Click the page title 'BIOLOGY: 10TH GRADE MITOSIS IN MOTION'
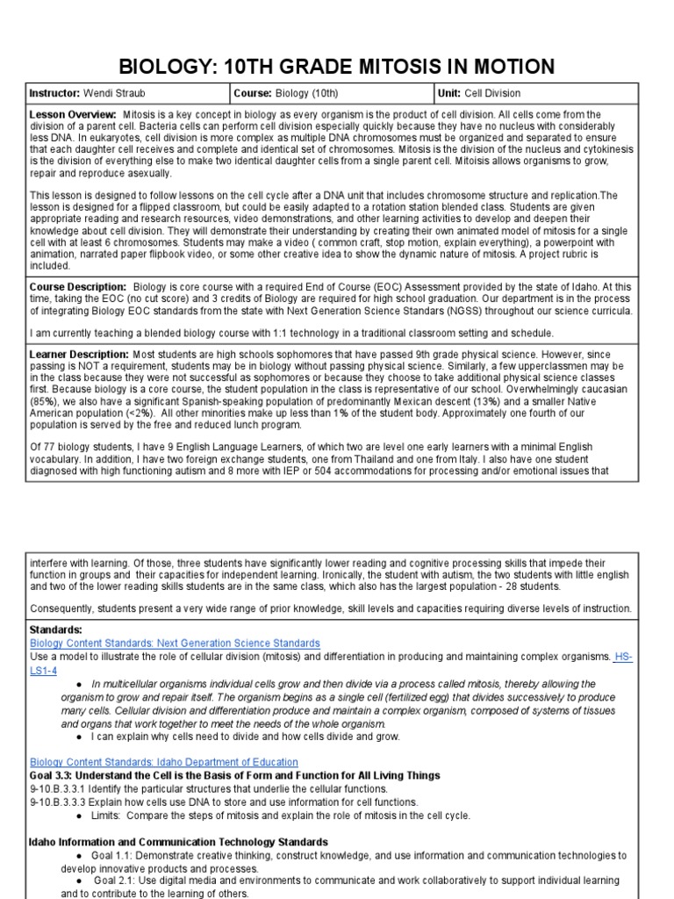point(336,67)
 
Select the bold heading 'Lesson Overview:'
point(73,115)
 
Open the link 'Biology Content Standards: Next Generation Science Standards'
point(175,644)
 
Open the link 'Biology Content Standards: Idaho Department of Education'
point(163,762)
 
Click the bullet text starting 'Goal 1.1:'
point(351,855)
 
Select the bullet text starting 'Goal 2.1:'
point(351,880)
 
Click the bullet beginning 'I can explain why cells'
point(246,737)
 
